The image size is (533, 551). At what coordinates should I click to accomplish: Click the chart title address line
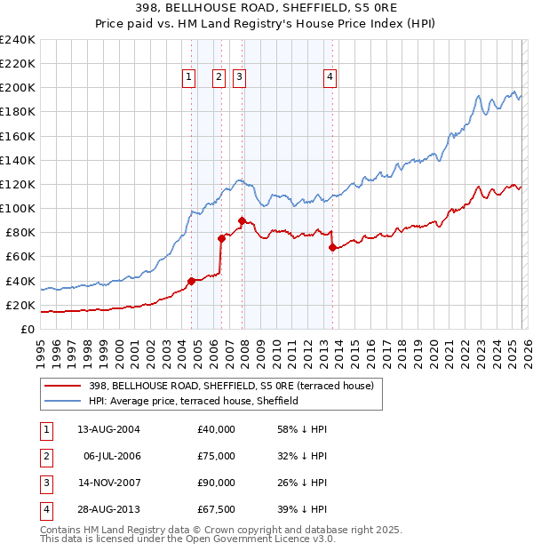266,8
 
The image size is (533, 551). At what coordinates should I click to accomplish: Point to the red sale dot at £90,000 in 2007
242,220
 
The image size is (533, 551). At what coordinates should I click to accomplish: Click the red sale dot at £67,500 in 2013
332,248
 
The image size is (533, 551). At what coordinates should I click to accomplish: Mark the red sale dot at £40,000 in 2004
191,281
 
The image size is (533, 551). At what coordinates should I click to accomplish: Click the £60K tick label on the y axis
20,257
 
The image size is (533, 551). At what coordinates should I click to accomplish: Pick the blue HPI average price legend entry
194,401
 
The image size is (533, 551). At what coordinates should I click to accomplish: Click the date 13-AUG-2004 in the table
109,428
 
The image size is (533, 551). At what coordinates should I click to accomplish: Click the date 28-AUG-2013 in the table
109,509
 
